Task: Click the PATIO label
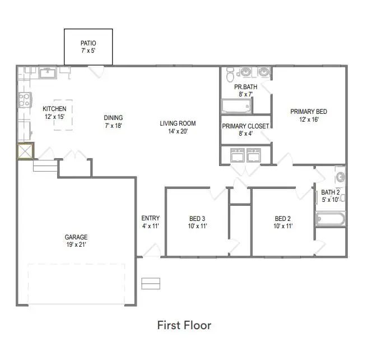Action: (x=88, y=42)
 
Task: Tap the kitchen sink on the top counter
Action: (x=48, y=71)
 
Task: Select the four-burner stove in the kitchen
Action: (x=24, y=100)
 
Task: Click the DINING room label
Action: (x=113, y=118)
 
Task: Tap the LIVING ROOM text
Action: (x=178, y=124)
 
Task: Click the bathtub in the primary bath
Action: (x=236, y=106)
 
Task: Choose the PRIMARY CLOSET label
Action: (x=245, y=126)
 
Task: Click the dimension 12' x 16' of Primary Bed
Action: (x=308, y=119)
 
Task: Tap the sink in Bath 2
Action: (x=341, y=178)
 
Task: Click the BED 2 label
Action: (x=283, y=219)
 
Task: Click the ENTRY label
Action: (x=150, y=218)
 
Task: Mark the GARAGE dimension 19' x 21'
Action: (x=76, y=244)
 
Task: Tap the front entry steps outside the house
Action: (x=151, y=284)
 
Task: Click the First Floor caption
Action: (x=184, y=325)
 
